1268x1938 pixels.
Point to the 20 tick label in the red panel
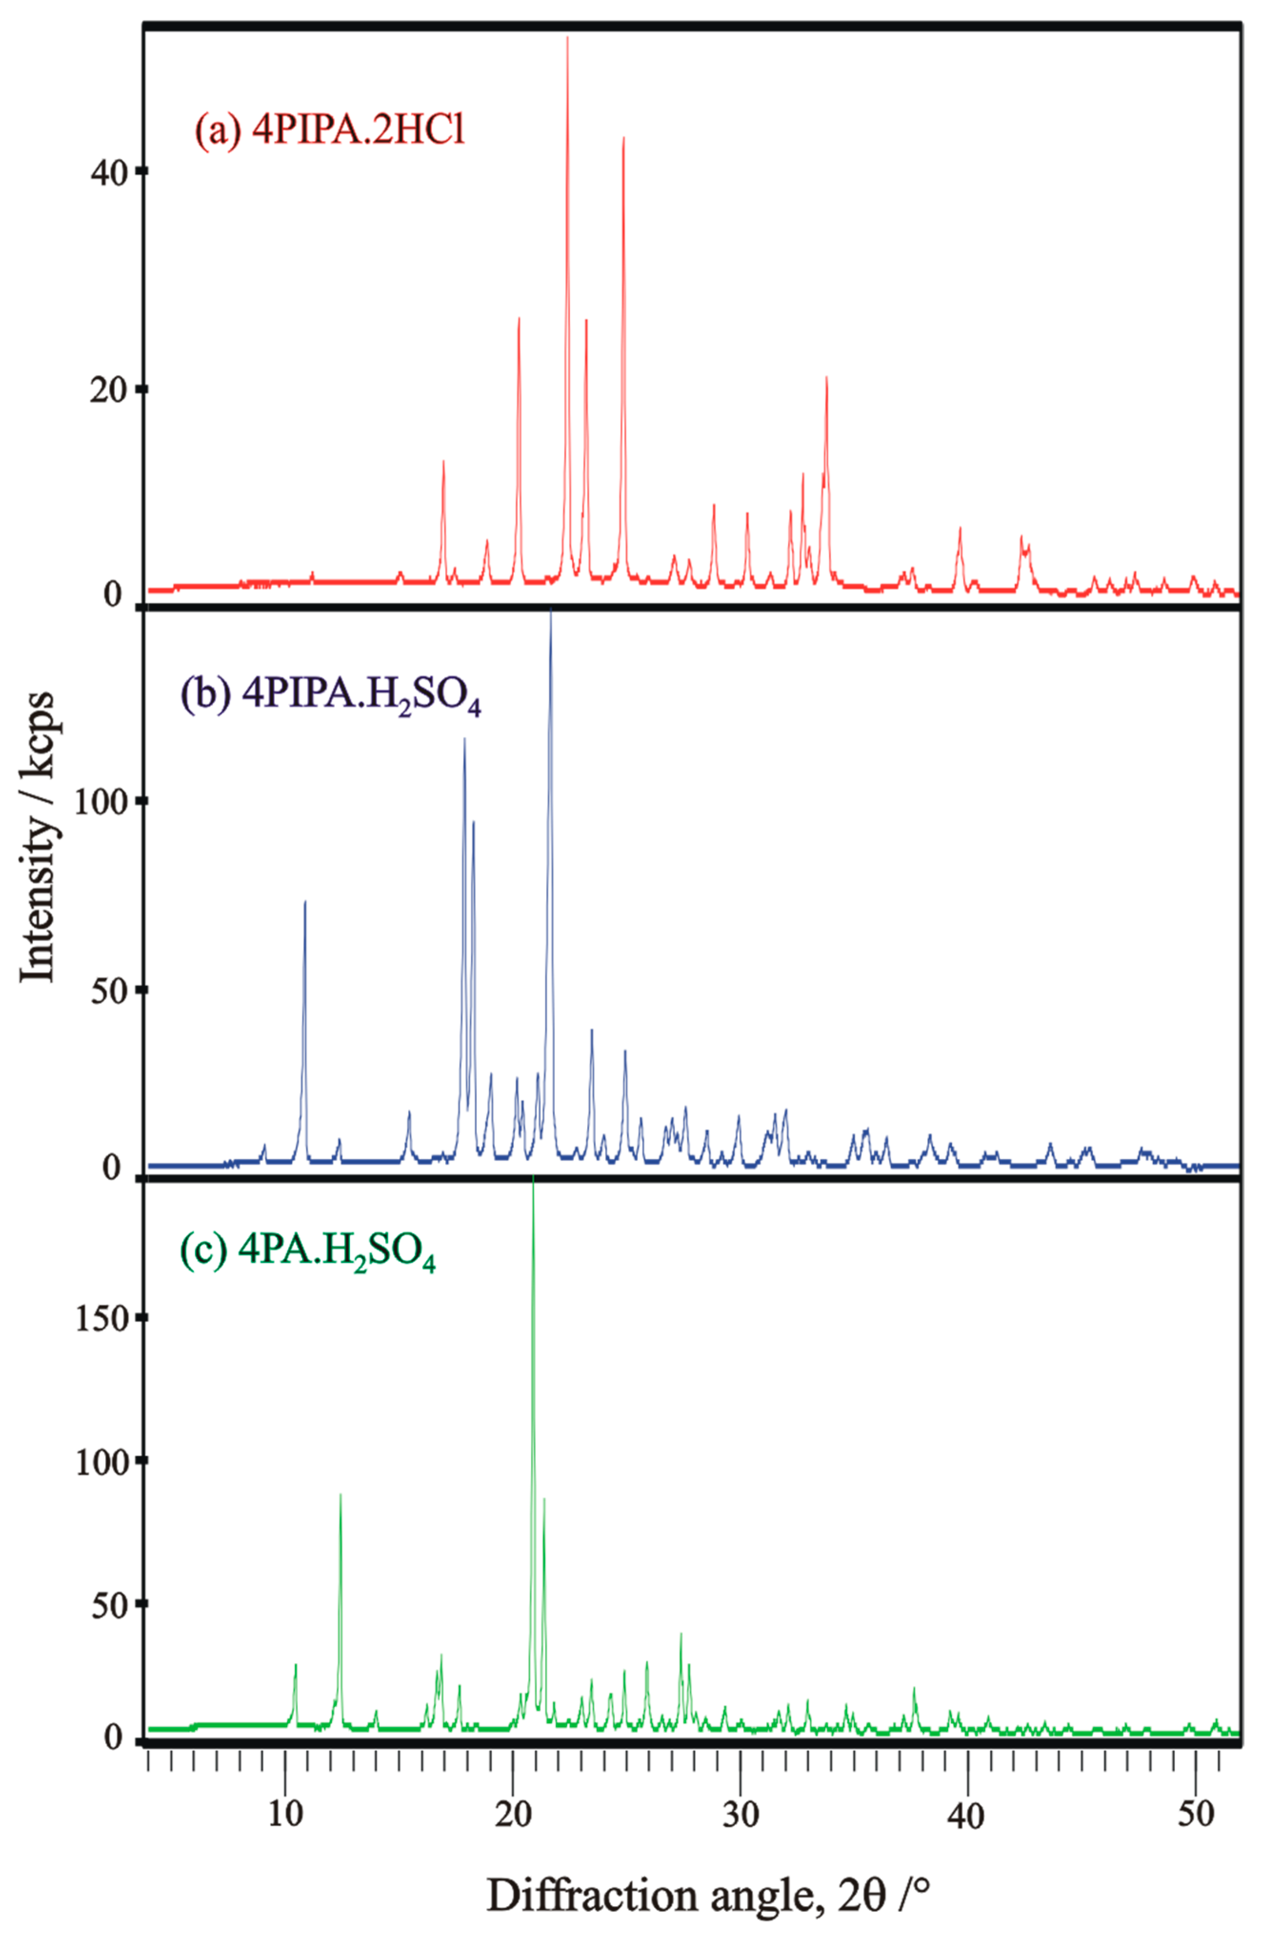106,389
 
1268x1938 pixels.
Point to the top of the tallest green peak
533,1176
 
